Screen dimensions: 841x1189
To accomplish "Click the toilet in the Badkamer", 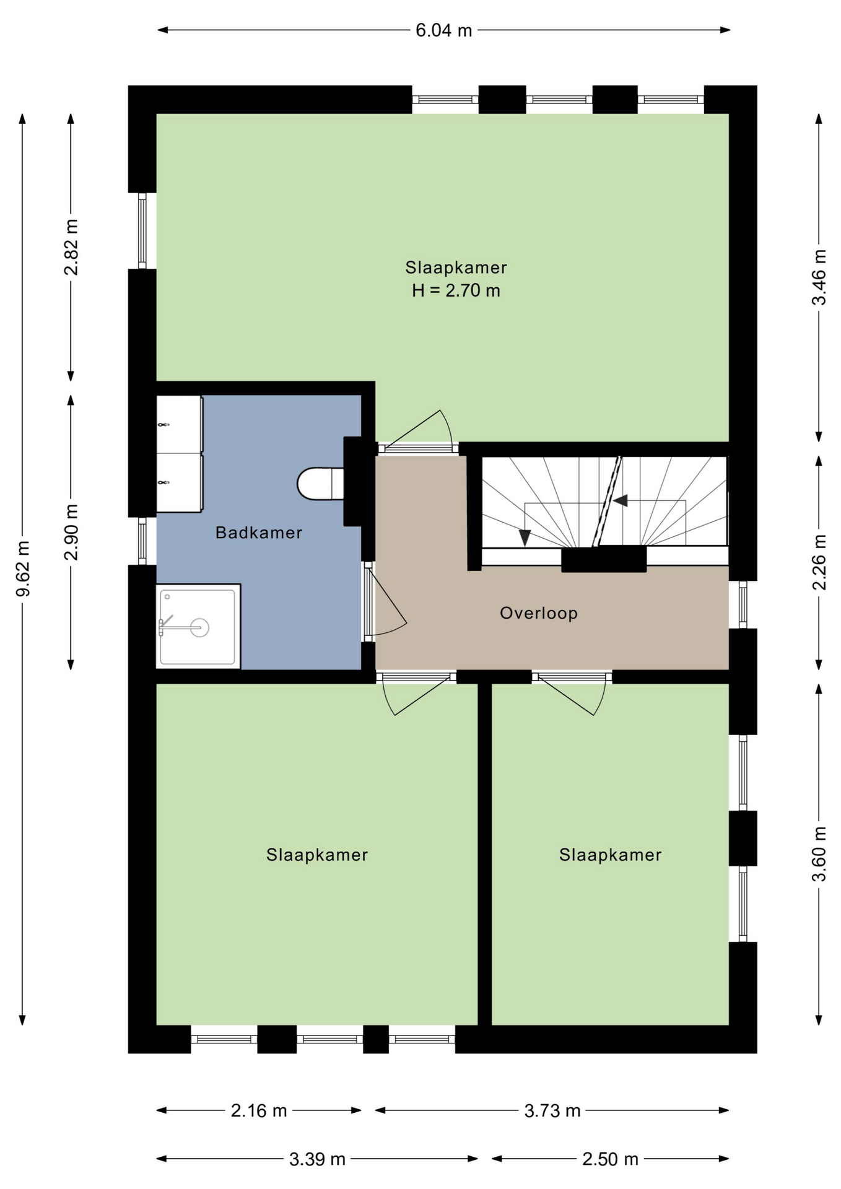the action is coord(320,484).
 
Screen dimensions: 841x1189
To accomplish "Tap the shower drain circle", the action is coord(199,627).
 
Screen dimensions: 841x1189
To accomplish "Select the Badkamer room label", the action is coord(259,533).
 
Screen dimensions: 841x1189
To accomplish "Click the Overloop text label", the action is coord(539,613).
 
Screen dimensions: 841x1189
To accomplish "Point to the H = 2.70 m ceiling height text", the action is coord(456,290).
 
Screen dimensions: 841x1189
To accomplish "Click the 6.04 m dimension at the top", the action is coord(443,30).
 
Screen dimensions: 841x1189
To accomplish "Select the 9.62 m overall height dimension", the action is coord(23,568).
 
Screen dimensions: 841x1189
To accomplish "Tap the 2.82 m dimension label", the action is coord(71,247).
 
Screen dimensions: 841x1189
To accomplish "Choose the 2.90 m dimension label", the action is coord(71,532).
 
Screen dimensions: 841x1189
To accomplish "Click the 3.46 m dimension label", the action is coord(819,277).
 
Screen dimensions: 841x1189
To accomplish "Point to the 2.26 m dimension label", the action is coord(819,562).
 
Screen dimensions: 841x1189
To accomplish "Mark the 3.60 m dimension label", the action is coord(819,854).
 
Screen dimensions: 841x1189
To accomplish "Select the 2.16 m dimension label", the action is coord(259,1111).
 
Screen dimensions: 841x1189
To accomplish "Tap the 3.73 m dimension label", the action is coord(552,1111).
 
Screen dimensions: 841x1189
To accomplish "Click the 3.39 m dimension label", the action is coord(317,1159).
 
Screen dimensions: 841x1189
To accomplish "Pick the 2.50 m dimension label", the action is coord(610,1159).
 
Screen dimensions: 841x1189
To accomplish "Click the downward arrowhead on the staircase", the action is coord(525,538).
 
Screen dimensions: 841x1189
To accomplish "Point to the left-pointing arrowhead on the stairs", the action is coord(620,500).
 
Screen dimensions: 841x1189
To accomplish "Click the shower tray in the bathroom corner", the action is coord(198,626).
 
